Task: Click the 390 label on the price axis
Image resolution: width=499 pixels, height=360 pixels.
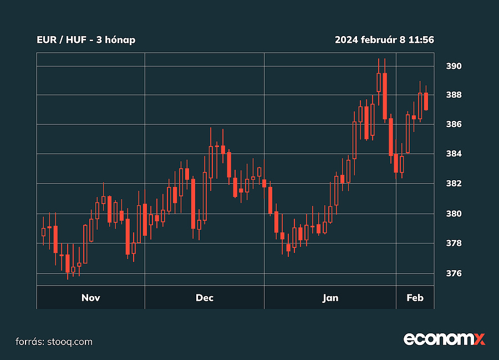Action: (454, 66)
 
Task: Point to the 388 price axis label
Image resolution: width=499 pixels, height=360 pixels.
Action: (454, 95)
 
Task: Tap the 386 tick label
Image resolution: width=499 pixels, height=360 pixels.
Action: (454, 124)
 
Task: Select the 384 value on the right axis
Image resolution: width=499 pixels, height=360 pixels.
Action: (454, 154)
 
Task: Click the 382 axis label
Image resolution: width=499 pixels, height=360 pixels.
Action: (454, 183)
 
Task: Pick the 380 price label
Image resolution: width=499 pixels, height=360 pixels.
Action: (454, 214)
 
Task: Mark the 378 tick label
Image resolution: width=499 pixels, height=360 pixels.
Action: (454, 243)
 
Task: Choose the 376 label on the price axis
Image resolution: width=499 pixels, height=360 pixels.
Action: (454, 273)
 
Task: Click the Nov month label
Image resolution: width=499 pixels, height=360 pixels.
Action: (90, 298)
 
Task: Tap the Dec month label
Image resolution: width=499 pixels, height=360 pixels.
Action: (205, 298)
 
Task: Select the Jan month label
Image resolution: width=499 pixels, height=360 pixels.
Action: (330, 298)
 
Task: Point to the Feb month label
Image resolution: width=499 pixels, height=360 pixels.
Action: (415, 298)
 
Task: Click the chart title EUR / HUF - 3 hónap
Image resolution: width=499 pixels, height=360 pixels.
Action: (86, 40)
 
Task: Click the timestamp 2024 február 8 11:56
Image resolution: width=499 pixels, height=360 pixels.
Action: (384, 40)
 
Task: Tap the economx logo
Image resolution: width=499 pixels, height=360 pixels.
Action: (444, 339)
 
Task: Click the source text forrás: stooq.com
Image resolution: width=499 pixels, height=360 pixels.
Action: (53, 342)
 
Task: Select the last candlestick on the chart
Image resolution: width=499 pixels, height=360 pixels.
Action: (426, 102)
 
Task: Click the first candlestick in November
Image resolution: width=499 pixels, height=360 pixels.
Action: (43, 232)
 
